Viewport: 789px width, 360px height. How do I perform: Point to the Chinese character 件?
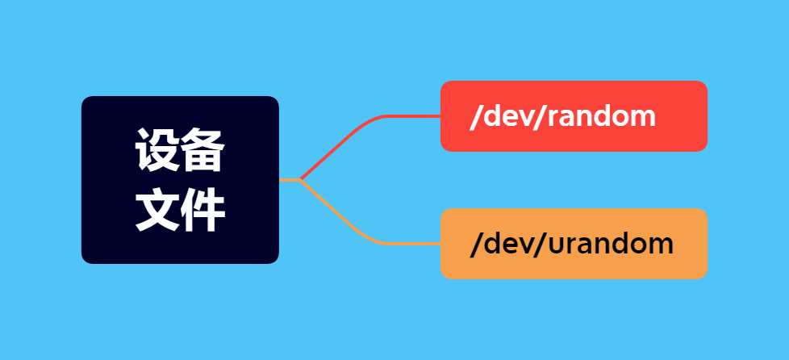202,211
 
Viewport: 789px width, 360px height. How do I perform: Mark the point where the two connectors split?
300,179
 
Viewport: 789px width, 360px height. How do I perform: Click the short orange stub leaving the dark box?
288,180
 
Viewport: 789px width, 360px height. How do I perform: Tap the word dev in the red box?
506,116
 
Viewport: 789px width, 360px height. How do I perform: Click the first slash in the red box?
474,116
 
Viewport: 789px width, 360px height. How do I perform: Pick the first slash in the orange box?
474,243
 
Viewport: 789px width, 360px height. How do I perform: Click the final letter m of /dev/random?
643,117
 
